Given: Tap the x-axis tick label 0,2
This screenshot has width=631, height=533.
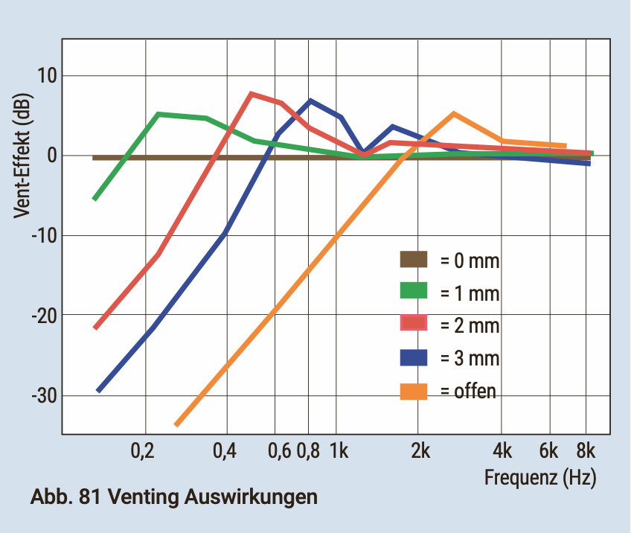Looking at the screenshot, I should click(144, 450).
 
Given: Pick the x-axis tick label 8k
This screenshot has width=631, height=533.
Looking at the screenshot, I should click(586, 450).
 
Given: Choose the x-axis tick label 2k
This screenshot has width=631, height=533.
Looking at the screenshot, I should click(419, 450).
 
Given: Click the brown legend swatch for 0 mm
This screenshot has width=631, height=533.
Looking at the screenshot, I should click(414, 260).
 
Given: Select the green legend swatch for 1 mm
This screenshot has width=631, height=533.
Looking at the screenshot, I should click(414, 292).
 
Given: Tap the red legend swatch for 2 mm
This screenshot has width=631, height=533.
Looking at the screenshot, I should click(414, 325).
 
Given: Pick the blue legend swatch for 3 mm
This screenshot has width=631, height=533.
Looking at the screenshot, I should click(414, 357).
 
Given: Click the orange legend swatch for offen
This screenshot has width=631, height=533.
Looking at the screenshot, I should click(414, 390).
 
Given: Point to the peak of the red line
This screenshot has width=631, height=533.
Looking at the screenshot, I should click(252, 94).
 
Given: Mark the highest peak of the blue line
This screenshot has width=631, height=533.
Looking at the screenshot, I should click(310, 100).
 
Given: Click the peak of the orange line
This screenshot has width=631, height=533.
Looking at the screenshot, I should click(454, 114).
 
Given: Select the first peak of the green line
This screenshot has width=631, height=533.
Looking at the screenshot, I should click(158, 115).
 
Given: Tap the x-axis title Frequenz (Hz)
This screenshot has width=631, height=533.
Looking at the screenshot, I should click(540, 476).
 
